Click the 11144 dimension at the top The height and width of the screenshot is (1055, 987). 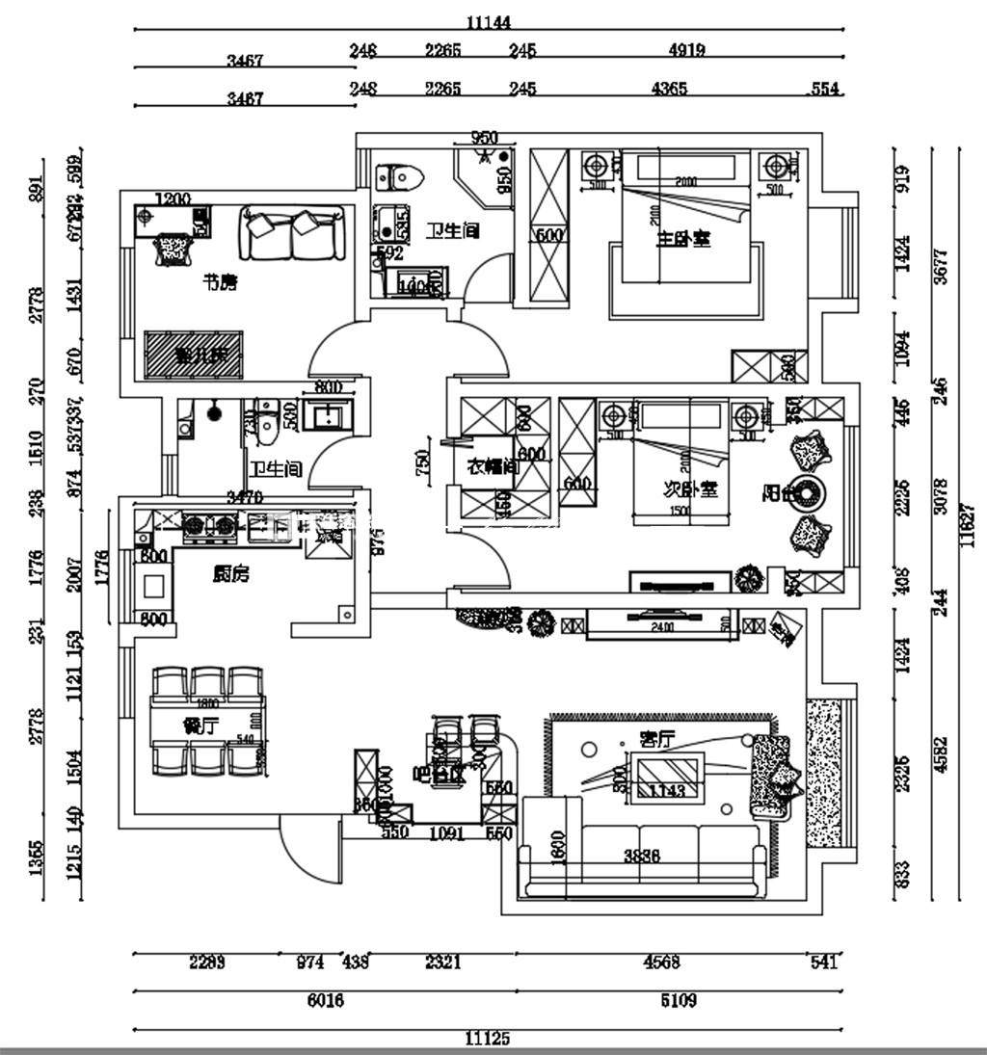coord(488,21)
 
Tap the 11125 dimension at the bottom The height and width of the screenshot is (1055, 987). coord(487,1039)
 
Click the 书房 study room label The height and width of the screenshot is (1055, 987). coord(219,282)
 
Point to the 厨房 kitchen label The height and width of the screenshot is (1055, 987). coord(230,574)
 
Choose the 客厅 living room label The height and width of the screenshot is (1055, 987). coord(656,739)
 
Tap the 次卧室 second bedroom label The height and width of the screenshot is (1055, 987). coord(690,488)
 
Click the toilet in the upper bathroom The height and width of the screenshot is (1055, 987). coord(399,177)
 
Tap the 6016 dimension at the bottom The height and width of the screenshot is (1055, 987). coord(325,1001)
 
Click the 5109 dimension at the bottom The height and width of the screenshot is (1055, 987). coord(678,1001)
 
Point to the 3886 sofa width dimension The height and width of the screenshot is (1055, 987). coord(641,856)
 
